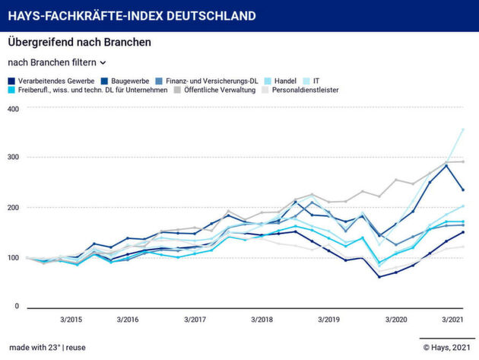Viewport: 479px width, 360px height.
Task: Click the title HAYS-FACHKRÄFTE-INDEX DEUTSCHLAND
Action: pyautogui.click(x=132, y=15)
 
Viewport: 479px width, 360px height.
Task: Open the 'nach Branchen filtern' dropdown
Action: pyautogui.click(x=57, y=62)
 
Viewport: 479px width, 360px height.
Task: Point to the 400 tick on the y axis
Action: pyautogui.click(x=14, y=107)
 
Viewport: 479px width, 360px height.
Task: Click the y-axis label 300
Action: pyautogui.click(x=14, y=158)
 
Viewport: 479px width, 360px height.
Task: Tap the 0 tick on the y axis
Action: pyautogui.click(x=16, y=307)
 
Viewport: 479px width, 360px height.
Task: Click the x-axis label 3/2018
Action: pyautogui.click(x=261, y=320)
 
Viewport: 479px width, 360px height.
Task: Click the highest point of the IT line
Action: pyautogui.click(x=463, y=130)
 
